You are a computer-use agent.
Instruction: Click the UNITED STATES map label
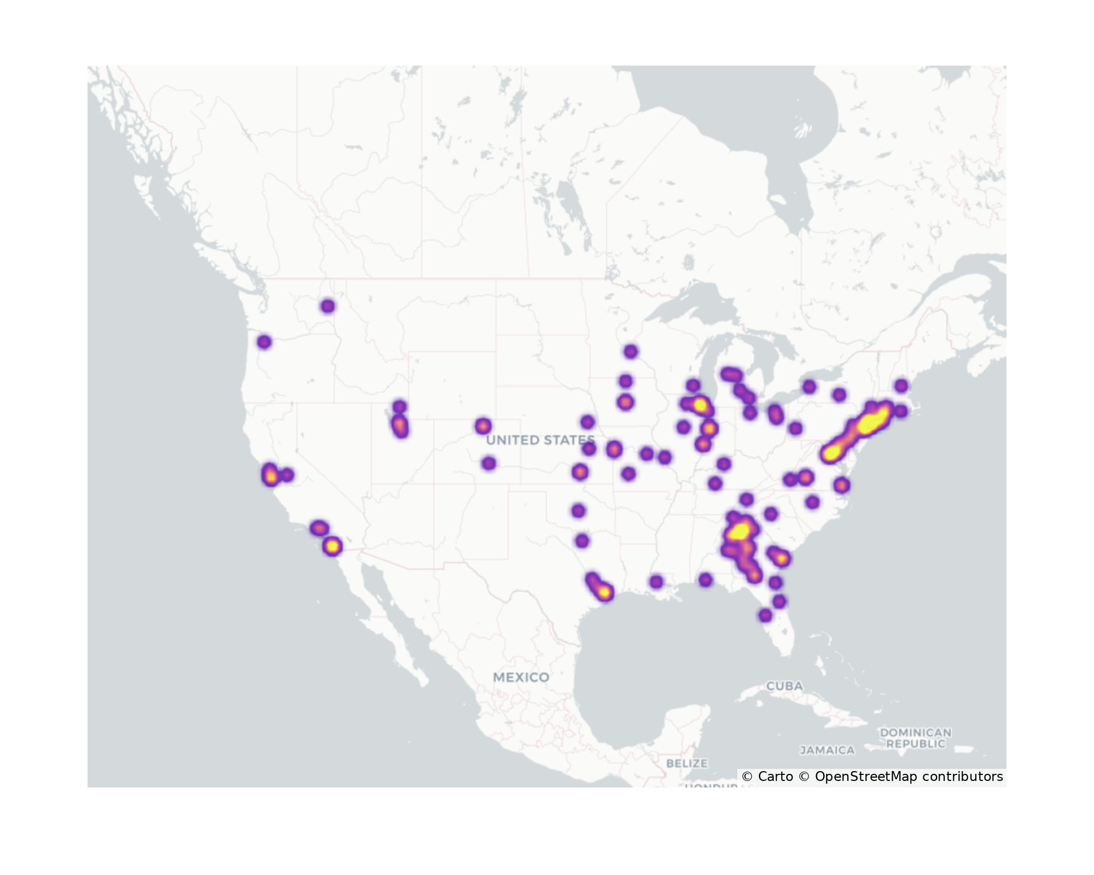pos(540,440)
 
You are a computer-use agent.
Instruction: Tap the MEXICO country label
pos(521,677)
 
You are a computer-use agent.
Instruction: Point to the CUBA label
pos(784,686)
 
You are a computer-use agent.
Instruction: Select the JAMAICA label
pos(827,750)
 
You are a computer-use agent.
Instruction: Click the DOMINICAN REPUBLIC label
pos(915,738)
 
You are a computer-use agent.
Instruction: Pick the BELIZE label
pos(686,763)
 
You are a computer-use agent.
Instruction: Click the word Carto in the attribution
pos(775,777)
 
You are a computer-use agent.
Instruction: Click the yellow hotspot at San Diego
pos(332,546)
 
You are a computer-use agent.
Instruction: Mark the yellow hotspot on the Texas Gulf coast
pos(604,592)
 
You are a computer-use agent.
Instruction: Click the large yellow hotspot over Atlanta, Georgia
pos(740,530)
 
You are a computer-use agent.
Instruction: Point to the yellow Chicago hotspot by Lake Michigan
pos(700,405)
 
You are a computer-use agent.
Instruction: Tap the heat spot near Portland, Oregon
pos(264,342)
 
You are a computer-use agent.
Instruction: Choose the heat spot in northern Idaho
pos(328,306)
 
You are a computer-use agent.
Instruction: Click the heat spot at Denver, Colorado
pos(482,425)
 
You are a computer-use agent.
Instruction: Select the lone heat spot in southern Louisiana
pos(656,582)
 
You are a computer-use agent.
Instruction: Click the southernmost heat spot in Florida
pos(765,615)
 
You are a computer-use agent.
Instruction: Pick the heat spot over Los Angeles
pos(319,528)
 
